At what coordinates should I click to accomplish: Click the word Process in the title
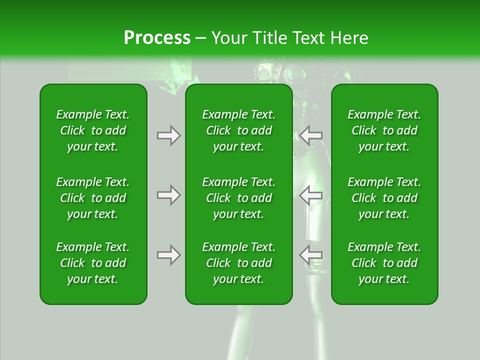click(157, 38)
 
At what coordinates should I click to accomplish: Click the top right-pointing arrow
click(168, 135)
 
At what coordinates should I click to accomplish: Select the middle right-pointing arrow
click(168, 195)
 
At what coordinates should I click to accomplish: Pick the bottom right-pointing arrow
click(168, 255)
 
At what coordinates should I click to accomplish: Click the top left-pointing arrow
click(311, 135)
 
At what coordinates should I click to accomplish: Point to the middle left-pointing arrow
click(311, 195)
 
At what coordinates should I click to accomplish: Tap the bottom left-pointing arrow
click(311, 255)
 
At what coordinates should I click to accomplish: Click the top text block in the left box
click(93, 130)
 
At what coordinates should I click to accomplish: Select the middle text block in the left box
click(93, 198)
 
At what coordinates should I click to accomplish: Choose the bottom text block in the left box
click(93, 263)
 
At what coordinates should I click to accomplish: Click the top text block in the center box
click(238, 130)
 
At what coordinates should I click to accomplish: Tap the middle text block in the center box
click(238, 198)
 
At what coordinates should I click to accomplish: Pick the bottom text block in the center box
click(238, 263)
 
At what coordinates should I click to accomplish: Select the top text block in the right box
click(384, 130)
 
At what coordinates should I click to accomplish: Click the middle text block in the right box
click(384, 198)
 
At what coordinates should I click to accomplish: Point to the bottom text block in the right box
click(384, 263)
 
